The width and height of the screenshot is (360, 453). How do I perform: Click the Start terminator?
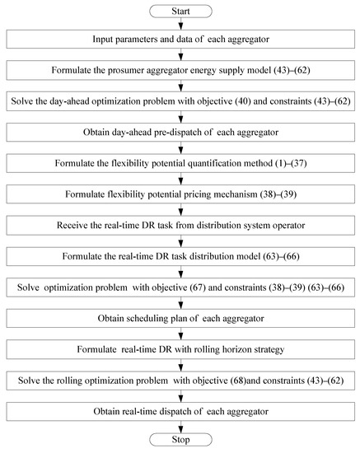180,11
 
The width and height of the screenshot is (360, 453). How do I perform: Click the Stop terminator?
180,440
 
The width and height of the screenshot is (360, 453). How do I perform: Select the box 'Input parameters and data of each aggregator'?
180,40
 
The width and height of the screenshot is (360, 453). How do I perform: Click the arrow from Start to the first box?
180,24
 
